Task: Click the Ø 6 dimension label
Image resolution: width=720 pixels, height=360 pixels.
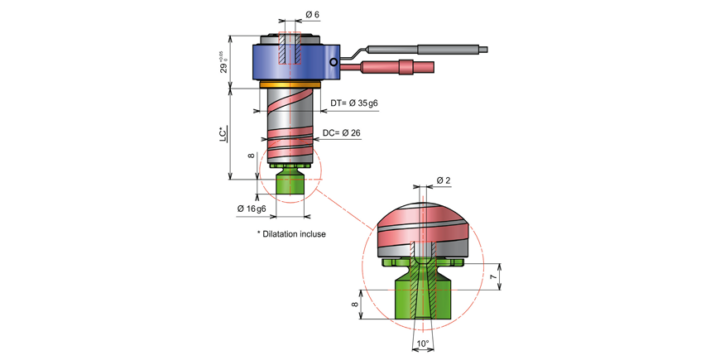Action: click(312, 14)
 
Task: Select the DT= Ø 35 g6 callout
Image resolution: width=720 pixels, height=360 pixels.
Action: click(354, 103)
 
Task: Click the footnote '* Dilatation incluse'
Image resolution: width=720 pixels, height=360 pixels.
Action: click(291, 234)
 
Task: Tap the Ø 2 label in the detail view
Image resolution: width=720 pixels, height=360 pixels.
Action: click(443, 180)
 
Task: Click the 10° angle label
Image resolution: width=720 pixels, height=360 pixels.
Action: click(423, 343)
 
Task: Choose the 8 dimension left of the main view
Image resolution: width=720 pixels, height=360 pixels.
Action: click(250, 156)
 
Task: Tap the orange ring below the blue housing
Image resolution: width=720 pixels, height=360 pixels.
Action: click(289, 84)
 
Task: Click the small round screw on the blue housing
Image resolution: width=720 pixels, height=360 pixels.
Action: click(333, 62)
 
